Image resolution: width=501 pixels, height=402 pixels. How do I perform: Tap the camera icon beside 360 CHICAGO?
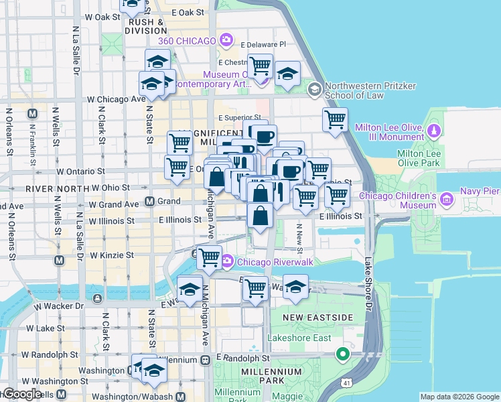click(x=227, y=41)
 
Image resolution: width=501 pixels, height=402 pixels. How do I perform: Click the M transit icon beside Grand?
click(x=150, y=201)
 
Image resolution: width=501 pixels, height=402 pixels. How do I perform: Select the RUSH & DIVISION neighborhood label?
click(x=145, y=25)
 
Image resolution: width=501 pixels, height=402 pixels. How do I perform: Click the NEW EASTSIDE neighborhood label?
click(x=308, y=316)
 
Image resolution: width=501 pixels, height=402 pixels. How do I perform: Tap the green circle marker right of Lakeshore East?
click(x=343, y=354)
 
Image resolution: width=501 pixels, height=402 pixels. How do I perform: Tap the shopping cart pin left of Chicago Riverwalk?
click(x=209, y=257)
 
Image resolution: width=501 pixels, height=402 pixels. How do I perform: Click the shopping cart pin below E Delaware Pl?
click(x=260, y=66)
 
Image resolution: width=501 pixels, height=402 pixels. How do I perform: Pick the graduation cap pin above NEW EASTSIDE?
click(x=295, y=287)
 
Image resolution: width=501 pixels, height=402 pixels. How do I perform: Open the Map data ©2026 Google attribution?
click(x=459, y=397)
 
